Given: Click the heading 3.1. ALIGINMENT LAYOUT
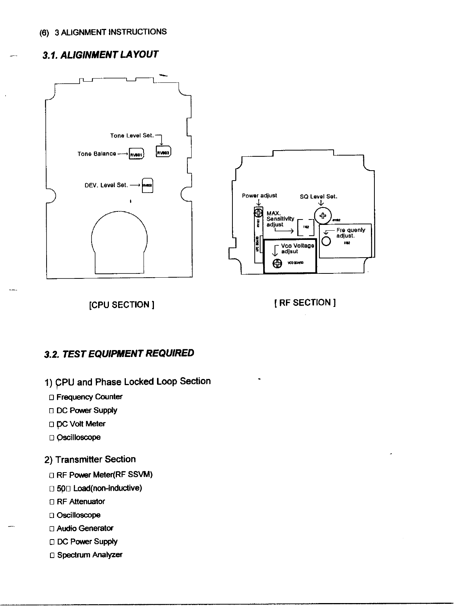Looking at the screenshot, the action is point(100,54).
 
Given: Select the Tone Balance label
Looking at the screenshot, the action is point(97,154).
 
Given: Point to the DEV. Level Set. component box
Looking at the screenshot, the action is point(147,186).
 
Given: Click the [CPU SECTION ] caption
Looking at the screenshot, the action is point(122,305).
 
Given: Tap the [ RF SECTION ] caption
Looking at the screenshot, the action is point(305,303).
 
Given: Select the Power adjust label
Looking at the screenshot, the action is point(259,196).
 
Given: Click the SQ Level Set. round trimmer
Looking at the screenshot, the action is point(323,216).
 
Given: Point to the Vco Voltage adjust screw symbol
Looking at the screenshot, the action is point(277,264).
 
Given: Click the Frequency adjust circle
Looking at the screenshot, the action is point(326,241).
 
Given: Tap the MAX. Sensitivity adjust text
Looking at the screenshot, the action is point(280,219).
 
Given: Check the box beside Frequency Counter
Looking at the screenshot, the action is point(51,397).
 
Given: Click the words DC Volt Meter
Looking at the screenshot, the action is point(81,424).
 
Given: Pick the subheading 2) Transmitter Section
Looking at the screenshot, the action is point(90,459).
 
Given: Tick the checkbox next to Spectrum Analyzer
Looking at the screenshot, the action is point(52,556).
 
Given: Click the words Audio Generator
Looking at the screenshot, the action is point(85,528).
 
